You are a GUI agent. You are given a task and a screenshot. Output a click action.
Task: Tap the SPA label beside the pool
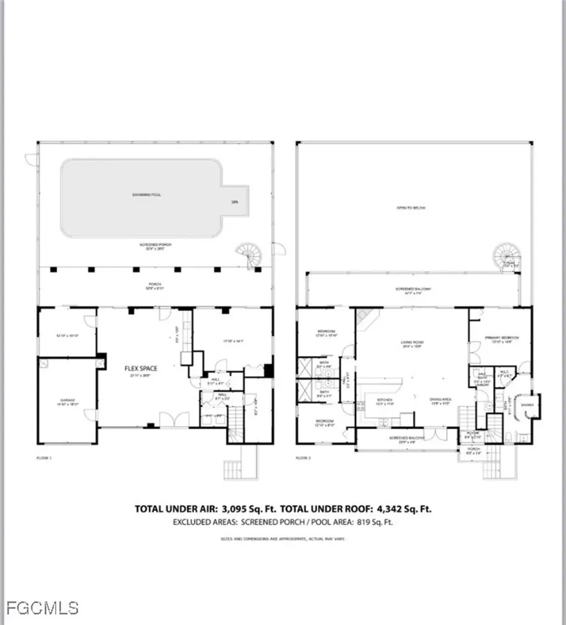click(x=235, y=201)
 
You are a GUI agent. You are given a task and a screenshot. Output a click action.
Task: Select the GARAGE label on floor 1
click(x=67, y=400)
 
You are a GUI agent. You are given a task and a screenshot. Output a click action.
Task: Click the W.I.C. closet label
click(x=504, y=370)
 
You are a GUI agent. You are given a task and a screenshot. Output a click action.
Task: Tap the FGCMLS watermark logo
click(x=40, y=608)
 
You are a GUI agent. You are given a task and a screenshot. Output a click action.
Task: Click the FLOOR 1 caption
click(x=45, y=457)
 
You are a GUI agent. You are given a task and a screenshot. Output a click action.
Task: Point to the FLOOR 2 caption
click(x=303, y=457)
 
